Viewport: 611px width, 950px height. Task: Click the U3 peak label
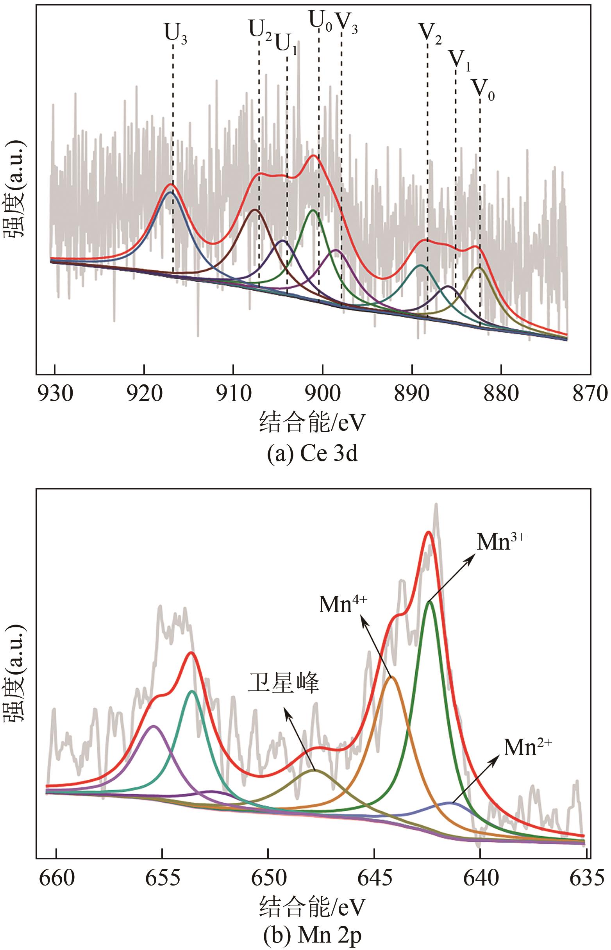(175, 34)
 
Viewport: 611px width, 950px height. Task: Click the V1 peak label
(459, 61)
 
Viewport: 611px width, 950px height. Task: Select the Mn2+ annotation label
(527, 748)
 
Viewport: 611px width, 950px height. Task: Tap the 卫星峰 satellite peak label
(283, 683)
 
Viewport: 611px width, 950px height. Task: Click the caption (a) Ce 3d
(312, 454)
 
